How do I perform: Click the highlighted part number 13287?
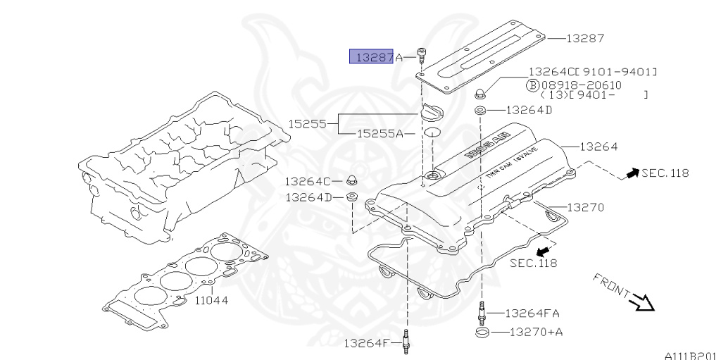click(371, 57)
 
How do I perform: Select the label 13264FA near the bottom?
click(532, 313)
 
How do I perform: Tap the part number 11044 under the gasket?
click(211, 299)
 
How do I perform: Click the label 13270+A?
click(532, 332)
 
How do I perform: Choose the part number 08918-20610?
click(577, 84)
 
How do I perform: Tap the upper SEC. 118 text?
click(665, 173)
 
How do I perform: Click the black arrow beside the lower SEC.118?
click(543, 251)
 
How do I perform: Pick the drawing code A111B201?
click(689, 355)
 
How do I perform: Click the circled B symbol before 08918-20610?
click(533, 84)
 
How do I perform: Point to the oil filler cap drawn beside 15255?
click(432, 113)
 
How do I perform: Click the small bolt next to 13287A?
click(420, 54)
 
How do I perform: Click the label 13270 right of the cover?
click(585, 208)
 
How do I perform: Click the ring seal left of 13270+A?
click(482, 332)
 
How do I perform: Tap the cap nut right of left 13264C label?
click(351, 178)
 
